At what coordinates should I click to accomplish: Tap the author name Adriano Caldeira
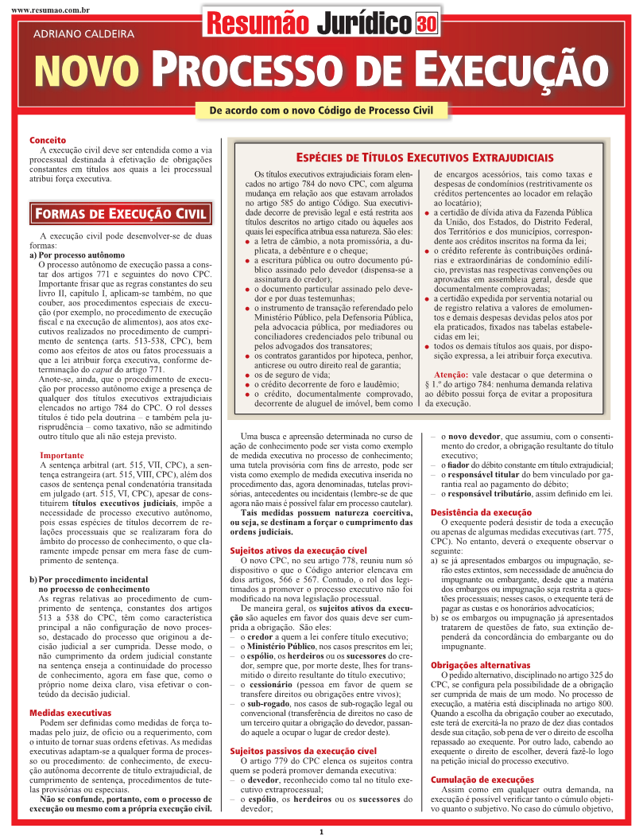click(83, 34)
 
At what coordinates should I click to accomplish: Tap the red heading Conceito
click(44, 140)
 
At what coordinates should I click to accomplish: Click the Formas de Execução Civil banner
click(121, 213)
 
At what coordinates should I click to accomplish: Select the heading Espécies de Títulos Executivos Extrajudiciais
click(424, 157)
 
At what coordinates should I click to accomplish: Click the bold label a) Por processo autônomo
click(76, 255)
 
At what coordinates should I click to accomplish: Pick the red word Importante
click(62, 456)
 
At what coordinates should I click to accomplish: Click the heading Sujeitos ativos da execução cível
click(298, 550)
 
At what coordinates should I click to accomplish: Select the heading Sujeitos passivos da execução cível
click(303, 750)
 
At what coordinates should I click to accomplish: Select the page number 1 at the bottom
click(321, 832)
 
